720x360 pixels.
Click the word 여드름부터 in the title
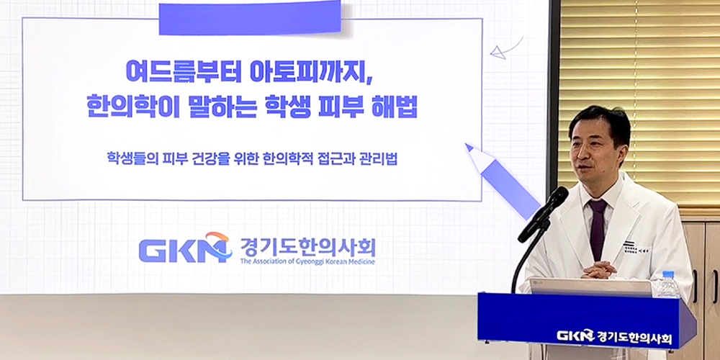click(x=174, y=73)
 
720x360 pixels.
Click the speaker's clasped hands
click(x=599, y=270)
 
